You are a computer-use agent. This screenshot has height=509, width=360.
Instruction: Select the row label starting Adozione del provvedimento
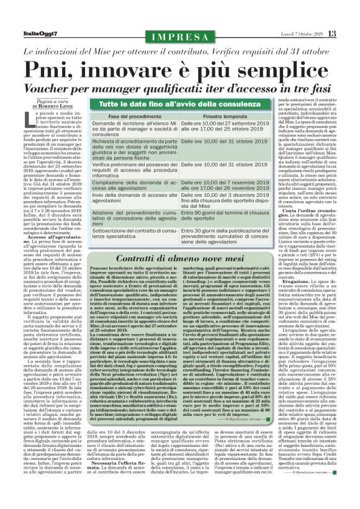pos(135,216)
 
